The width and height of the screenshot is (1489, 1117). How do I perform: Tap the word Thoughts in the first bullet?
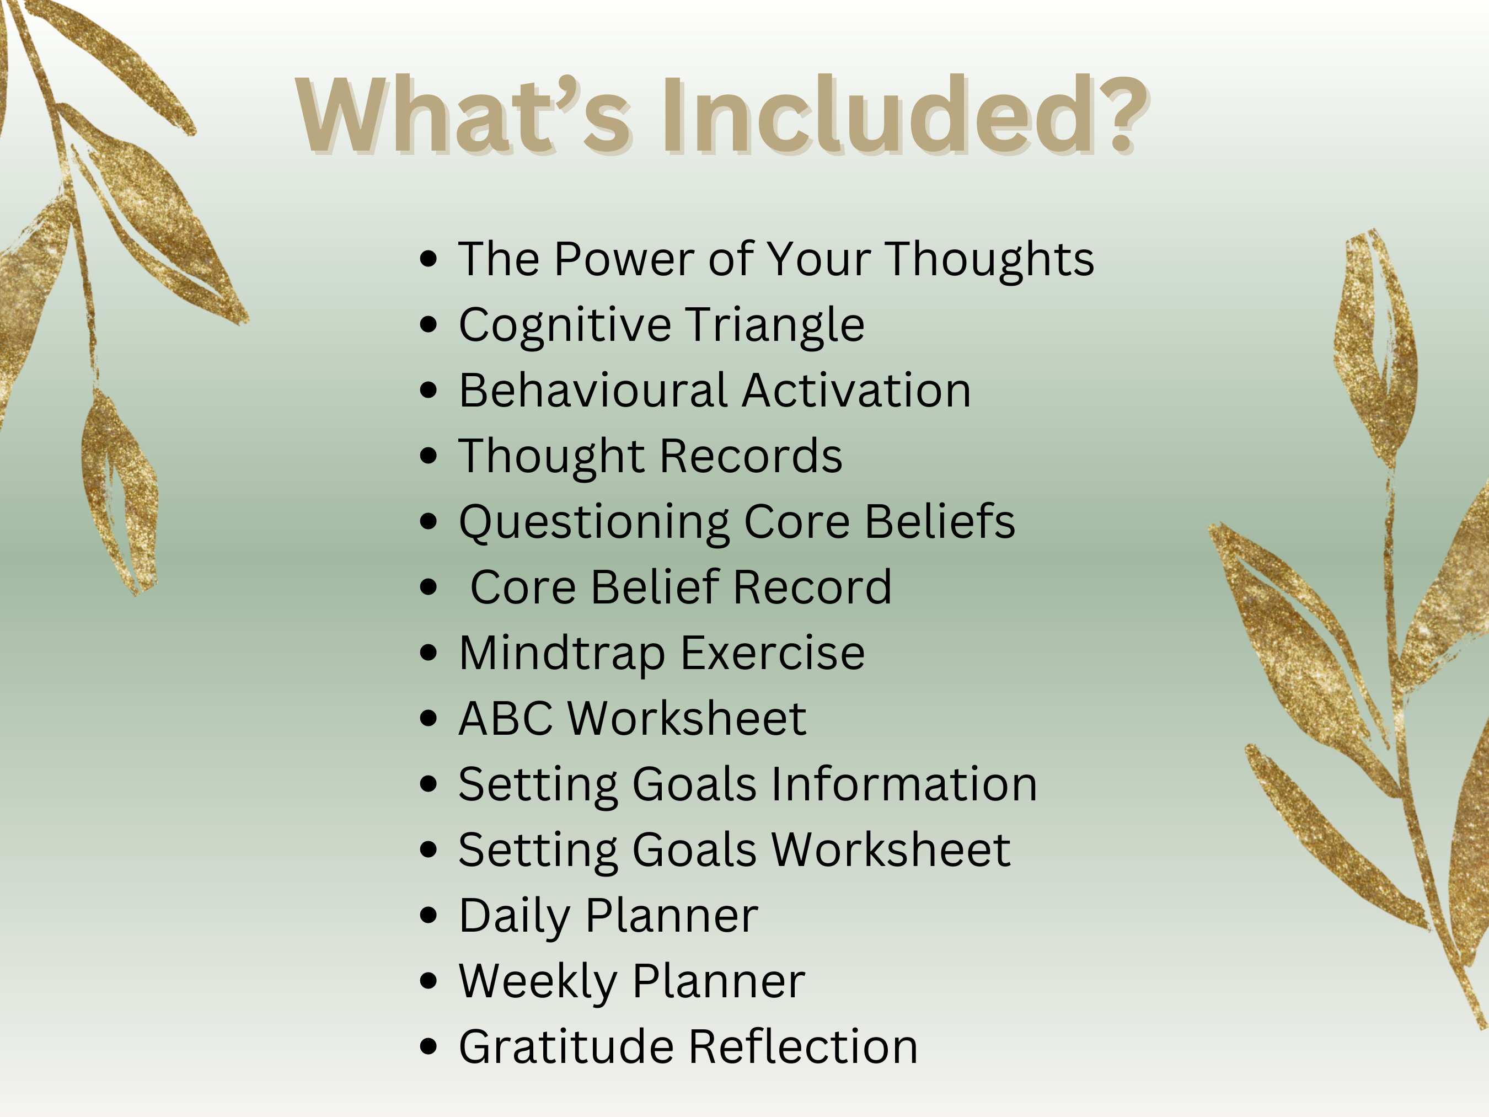tap(989, 259)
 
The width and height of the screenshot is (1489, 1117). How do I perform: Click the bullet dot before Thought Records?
tap(428, 456)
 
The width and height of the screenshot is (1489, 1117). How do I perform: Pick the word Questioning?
tap(594, 522)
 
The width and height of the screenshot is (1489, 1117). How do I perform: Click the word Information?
tap(903, 784)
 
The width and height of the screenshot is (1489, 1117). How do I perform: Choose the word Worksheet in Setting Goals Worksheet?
tap(890, 849)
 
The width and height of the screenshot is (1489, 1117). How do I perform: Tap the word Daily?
tap(515, 916)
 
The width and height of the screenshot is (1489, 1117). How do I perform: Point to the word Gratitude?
tap(566, 1047)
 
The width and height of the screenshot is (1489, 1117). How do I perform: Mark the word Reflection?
tap(803, 1047)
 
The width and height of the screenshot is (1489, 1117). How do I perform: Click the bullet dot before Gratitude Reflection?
tap(428, 1046)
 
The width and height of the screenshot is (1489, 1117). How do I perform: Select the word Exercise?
tap(772, 653)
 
